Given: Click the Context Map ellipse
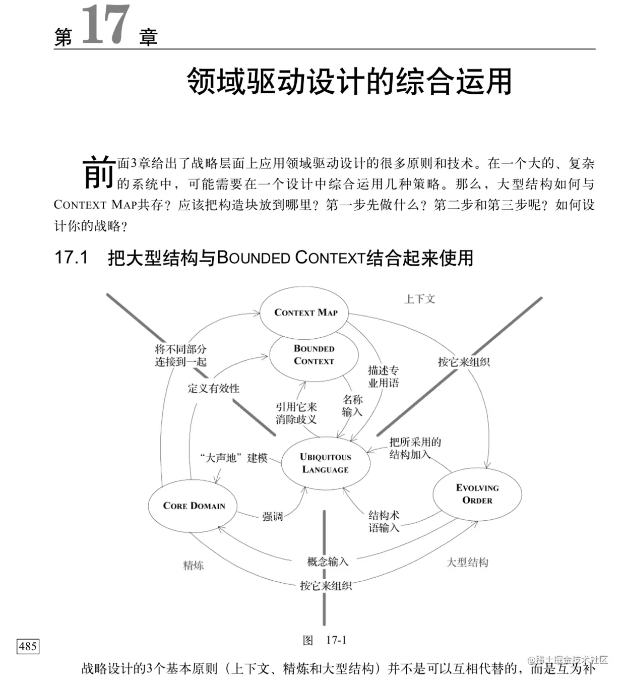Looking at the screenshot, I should coord(305,313).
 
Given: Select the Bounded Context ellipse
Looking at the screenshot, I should coord(314,355).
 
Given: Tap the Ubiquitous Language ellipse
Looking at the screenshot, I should coord(325,463).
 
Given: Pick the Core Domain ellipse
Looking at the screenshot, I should coord(194,506).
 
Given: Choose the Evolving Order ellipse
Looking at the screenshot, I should coord(477,494).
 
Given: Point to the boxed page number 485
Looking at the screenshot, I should coord(28,646).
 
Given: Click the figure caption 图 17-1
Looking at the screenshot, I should coord(325,640).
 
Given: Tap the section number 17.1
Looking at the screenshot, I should coord(71,258).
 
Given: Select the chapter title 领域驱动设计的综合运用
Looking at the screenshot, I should coord(349,82).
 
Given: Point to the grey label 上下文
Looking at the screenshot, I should coord(419,299).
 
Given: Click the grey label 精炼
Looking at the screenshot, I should coord(194,566).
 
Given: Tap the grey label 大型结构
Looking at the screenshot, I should coord(467,563).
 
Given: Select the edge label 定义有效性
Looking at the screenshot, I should coord(214,388).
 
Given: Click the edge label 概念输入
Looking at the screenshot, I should coord(328,562).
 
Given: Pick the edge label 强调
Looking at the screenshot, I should coord(272,517).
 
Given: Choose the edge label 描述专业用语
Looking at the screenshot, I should coord(383,377).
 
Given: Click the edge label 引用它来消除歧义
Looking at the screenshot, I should coord(296,413).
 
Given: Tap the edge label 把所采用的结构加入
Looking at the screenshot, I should coord(414,448).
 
